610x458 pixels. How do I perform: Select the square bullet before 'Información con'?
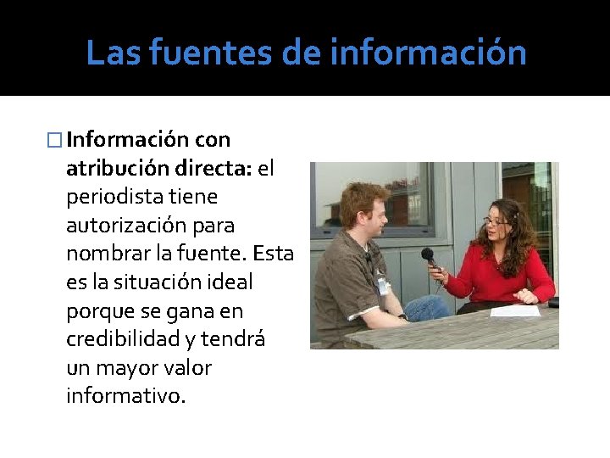tap(58, 139)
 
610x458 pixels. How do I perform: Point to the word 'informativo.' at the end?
tap(125, 396)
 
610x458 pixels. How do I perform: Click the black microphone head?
tap(428, 254)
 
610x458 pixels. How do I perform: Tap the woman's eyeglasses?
tap(496, 221)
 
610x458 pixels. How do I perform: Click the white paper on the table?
tap(514, 310)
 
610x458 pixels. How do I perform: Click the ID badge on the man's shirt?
tap(383, 285)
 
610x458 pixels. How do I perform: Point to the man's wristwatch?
tap(403, 318)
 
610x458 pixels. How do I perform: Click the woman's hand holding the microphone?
tap(437, 275)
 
